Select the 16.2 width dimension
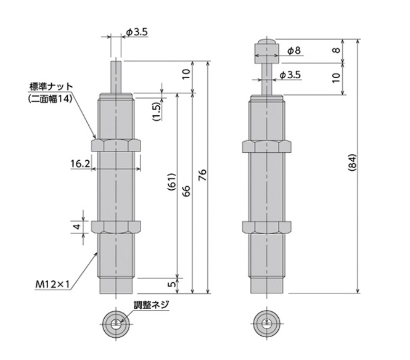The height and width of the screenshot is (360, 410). (80, 163)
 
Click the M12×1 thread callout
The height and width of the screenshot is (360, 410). (53, 284)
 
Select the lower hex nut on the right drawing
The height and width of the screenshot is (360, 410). (266, 226)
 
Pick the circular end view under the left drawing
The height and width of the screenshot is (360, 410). (115, 322)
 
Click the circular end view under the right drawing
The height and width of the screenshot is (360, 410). (266, 322)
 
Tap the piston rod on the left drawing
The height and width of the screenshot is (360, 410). (116, 77)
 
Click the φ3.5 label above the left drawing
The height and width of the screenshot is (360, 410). (137, 33)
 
